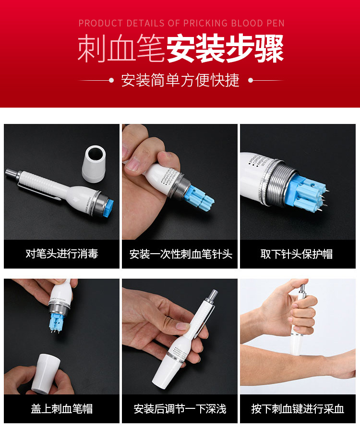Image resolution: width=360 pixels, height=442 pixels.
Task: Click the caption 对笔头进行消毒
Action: [61, 254]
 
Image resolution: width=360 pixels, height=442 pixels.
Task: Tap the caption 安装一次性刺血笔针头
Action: [180, 254]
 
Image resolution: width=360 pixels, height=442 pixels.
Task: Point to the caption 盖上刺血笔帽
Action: [61, 409]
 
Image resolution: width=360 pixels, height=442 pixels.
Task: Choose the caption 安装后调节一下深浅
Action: [180, 409]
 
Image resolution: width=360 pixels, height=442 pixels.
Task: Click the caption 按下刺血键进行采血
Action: [298, 409]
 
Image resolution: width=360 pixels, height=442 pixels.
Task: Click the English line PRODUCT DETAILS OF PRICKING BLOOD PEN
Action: [181, 23]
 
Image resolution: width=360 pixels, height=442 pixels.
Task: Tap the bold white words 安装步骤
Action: [225, 49]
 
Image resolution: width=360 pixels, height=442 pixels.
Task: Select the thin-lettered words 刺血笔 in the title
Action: [121, 49]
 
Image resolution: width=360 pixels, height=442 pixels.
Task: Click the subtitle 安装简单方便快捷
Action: [180, 80]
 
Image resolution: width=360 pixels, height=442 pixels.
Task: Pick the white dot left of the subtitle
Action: [111, 80]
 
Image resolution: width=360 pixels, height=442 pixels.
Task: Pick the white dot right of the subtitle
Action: [250, 80]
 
